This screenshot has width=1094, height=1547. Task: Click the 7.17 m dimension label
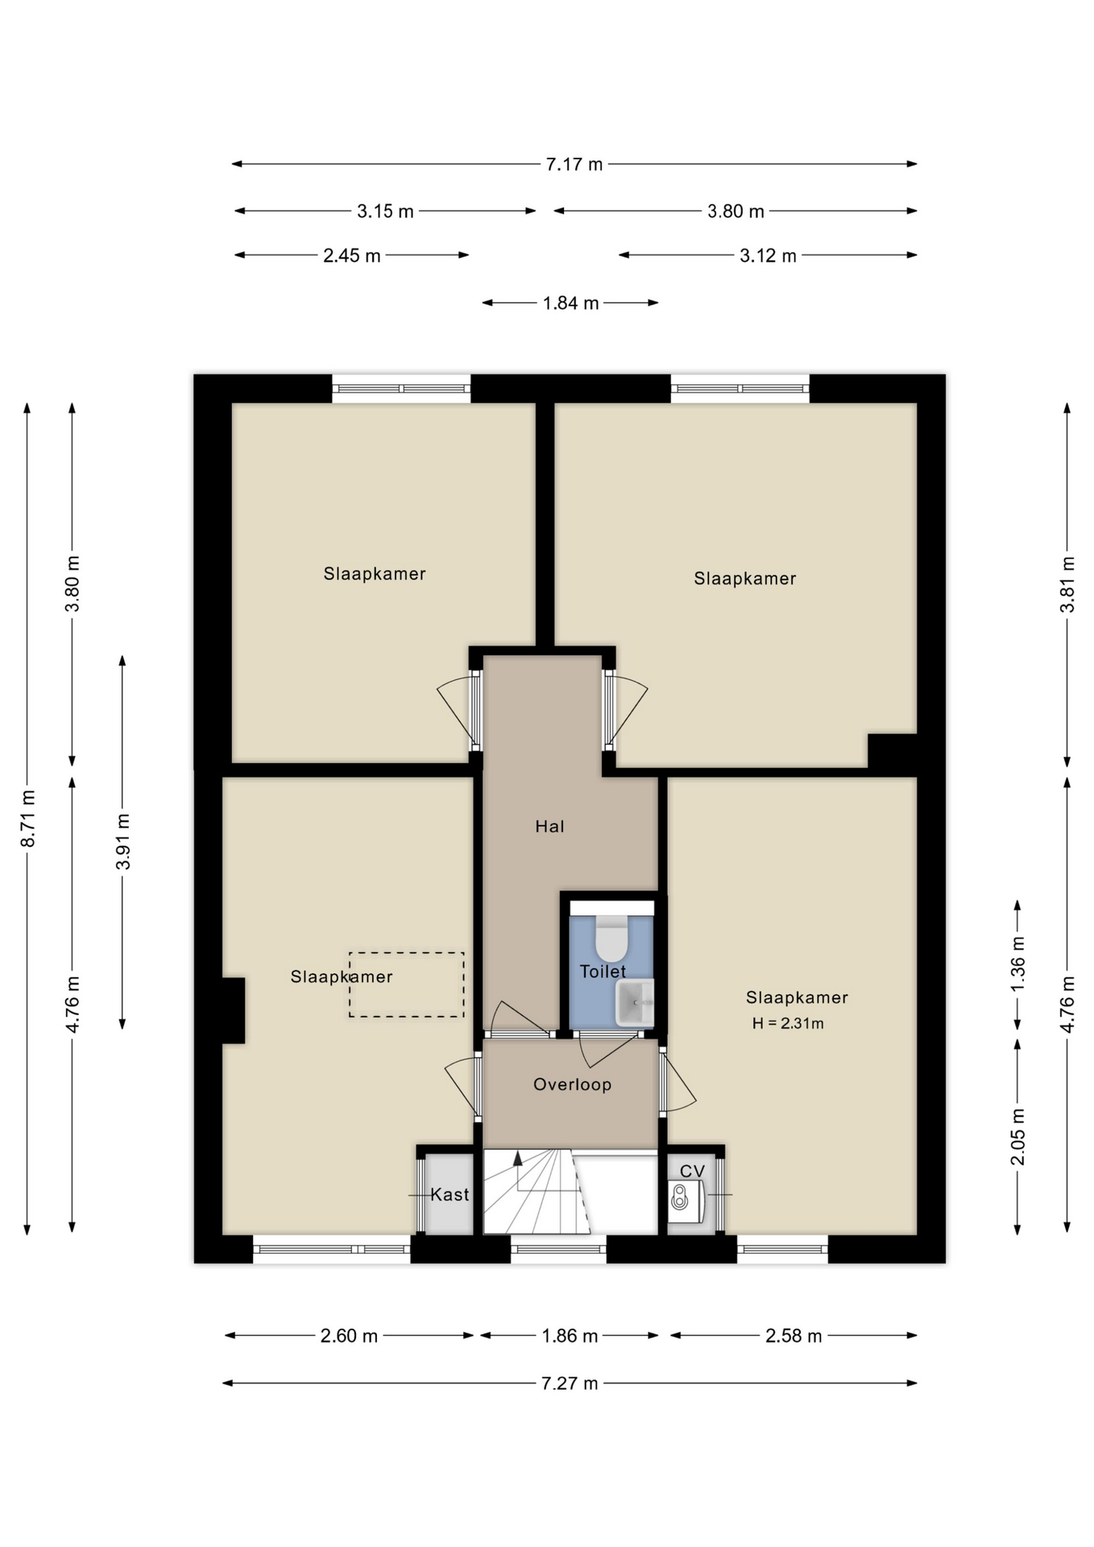tap(574, 164)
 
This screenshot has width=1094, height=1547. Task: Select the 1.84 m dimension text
tap(570, 303)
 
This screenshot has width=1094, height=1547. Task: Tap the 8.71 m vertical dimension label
tap(27, 819)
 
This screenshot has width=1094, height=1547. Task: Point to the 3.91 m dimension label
tap(122, 842)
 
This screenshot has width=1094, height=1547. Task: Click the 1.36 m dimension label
tap(1017, 964)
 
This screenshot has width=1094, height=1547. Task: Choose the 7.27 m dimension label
tap(570, 1383)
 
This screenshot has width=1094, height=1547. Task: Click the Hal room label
tap(549, 826)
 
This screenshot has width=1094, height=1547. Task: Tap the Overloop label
tap(572, 1085)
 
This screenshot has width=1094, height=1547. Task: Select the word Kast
tap(450, 1194)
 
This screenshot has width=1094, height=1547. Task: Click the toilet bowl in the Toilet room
tap(611, 939)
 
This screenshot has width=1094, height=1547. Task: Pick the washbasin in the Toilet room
tap(634, 1002)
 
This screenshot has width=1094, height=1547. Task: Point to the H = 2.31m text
tap(788, 1023)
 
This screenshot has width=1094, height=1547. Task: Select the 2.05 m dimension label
tap(1017, 1137)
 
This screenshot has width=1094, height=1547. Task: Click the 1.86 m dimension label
tap(570, 1336)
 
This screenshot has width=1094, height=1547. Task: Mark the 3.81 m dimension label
tap(1067, 585)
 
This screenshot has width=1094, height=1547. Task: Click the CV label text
tap(692, 1171)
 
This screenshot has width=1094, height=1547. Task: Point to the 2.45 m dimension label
tap(352, 255)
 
